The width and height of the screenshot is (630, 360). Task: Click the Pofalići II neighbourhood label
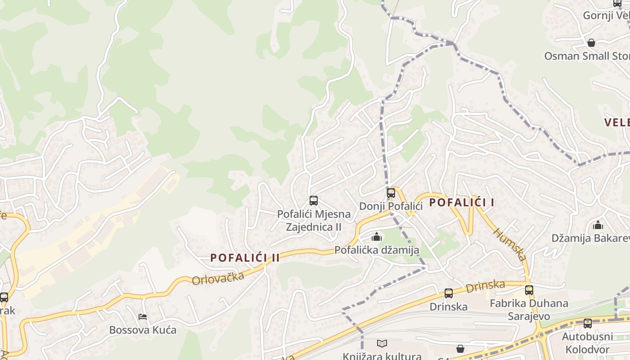pyautogui.click(x=245, y=258)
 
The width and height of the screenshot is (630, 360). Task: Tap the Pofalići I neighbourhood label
pyautogui.click(x=462, y=202)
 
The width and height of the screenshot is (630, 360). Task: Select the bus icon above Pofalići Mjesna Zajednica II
pyautogui.click(x=314, y=201)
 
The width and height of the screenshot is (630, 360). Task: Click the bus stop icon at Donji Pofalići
pyautogui.click(x=391, y=193)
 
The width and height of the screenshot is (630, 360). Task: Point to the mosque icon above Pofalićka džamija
pyautogui.click(x=377, y=237)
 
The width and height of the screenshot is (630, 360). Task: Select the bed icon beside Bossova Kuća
pyautogui.click(x=143, y=317)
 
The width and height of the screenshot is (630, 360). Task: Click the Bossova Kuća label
pyautogui.click(x=143, y=330)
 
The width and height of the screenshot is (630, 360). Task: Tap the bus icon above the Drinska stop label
pyautogui.click(x=449, y=293)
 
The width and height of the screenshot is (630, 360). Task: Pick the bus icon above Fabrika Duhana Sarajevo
pyautogui.click(x=529, y=290)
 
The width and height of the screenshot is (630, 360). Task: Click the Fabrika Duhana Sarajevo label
pyautogui.click(x=529, y=310)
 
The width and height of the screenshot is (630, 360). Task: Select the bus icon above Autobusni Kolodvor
pyautogui.click(x=588, y=323)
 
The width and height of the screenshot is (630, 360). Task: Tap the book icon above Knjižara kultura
pyautogui.click(x=382, y=344)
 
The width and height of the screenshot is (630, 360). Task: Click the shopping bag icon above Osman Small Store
pyautogui.click(x=591, y=43)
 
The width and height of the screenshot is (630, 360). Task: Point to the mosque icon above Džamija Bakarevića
pyautogui.click(x=598, y=225)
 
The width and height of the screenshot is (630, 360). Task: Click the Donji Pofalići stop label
pyautogui.click(x=391, y=207)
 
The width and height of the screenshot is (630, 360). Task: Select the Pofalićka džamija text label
pyautogui.click(x=377, y=250)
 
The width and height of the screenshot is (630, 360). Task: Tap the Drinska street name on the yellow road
pyautogui.click(x=486, y=285)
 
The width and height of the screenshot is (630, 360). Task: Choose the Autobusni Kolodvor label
pyautogui.click(x=587, y=343)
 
